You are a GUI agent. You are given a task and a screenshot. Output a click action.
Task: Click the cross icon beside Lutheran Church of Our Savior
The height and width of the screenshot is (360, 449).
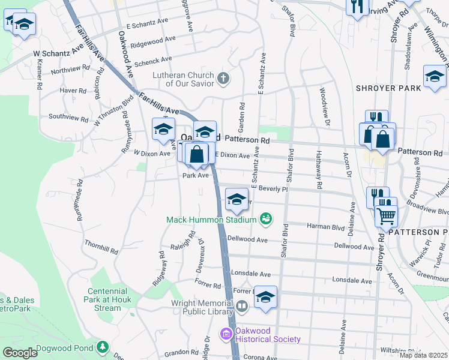223,78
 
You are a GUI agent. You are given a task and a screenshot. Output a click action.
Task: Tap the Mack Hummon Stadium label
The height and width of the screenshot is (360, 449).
212,220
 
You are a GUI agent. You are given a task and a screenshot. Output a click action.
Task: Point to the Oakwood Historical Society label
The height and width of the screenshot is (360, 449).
268,335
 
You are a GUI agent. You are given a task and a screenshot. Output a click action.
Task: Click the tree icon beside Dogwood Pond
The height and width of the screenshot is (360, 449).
103,347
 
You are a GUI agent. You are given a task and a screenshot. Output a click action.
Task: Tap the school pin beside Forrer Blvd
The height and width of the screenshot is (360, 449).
265,296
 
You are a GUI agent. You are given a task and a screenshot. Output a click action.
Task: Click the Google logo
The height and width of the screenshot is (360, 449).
20,353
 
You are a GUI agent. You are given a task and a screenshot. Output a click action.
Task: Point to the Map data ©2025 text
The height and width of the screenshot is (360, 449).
423,355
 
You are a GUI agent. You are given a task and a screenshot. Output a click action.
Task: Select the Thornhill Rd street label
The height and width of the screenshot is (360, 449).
101,245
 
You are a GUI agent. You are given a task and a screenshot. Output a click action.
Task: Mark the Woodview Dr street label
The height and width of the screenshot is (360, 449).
324,109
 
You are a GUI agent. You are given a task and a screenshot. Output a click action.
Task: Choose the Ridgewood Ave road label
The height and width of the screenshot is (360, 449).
152,41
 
